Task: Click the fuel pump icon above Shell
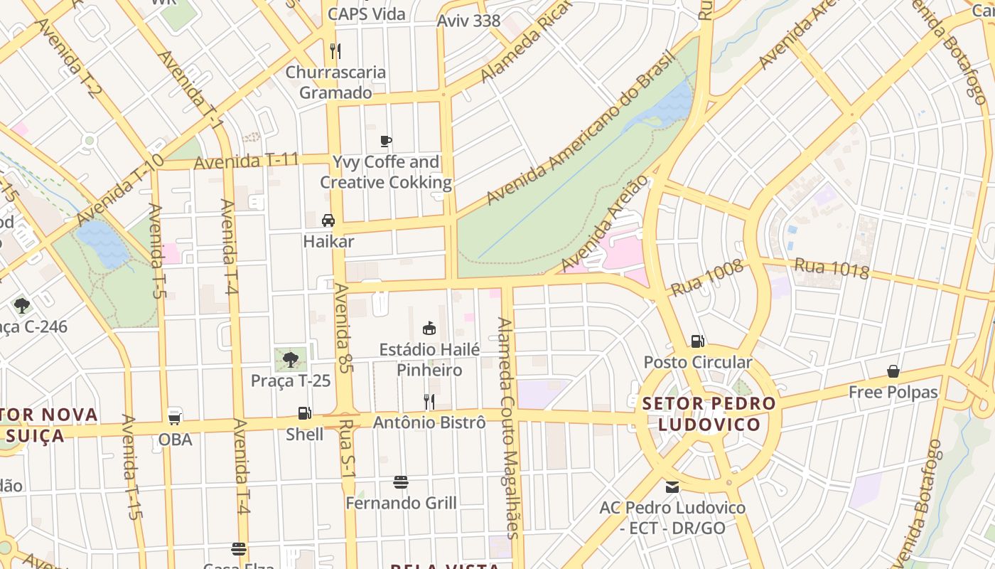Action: point(304,413)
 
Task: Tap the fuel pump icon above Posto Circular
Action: point(697,341)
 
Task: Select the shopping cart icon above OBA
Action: point(175,418)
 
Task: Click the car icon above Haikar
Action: point(328,220)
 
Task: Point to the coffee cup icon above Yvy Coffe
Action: point(386,141)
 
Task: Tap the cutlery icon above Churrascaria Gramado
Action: point(335,51)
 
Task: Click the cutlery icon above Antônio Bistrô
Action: point(429,402)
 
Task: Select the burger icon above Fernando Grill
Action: point(401,482)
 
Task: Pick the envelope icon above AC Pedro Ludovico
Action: point(672,487)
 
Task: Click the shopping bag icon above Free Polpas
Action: point(893,371)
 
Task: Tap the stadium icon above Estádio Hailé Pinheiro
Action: point(429,329)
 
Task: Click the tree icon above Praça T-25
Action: point(290,359)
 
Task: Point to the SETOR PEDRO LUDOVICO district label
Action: point(709,414)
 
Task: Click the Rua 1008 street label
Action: point(707,278)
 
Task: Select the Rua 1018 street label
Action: point(832,268)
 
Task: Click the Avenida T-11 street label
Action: point(246,161)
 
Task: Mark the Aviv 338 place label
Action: point(468,21)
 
